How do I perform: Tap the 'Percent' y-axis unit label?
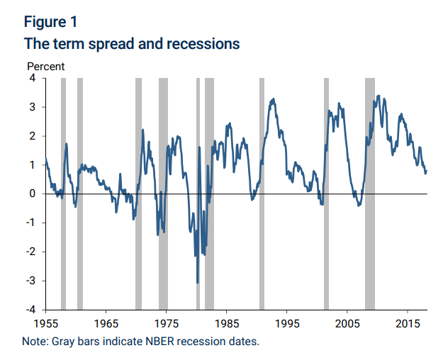[x=46, y=67]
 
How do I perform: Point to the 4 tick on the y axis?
[x=33, y=78]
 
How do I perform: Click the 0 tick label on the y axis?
[x=33, y=193]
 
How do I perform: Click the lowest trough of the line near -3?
[x=197, y=283]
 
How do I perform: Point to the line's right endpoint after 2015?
[x=427, y=170]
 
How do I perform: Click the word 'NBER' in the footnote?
[x=167, y=342]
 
